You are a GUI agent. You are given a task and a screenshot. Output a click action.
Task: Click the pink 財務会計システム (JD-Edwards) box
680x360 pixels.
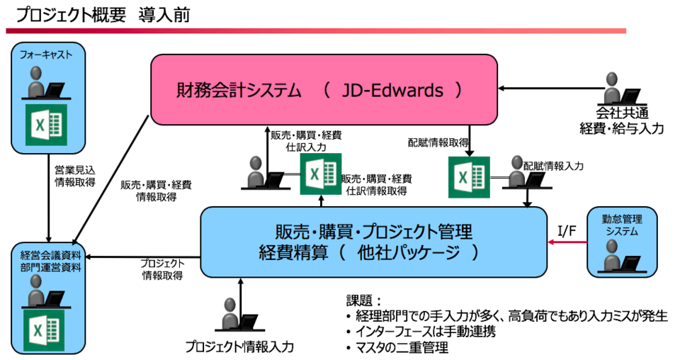tap(324, 90)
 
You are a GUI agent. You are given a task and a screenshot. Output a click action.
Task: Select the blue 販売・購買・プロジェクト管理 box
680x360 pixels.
tap(373, 242)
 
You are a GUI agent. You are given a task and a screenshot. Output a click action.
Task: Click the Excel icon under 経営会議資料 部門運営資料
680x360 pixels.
tap(46, 330)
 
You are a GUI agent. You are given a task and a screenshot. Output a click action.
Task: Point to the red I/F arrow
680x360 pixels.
tap(568, 242)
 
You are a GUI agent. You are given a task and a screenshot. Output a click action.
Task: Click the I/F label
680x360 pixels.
tap(567, 230)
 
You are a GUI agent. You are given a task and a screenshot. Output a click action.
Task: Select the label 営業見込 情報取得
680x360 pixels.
tap(74, 176)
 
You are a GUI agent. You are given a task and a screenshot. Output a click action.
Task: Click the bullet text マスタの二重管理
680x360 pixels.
tap(402, 347)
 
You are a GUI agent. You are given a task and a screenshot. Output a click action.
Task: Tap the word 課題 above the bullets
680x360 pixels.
tap(360, 300)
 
